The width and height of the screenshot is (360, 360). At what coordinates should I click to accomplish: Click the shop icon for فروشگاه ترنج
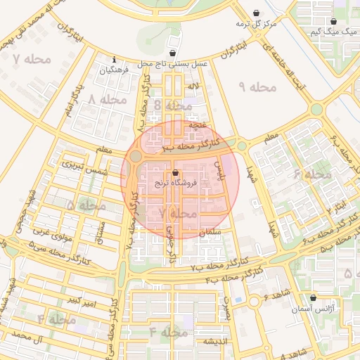pyautogui.click(x=175, y=172)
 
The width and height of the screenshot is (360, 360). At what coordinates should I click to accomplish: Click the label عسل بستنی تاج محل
pyautogui.click(x=173, y=64)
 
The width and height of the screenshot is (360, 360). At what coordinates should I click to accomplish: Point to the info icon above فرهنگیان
pyautogui.click(x=114, y=59)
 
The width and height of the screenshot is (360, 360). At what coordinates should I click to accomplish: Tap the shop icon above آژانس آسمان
pyautogui.click(x=312, y=297)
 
